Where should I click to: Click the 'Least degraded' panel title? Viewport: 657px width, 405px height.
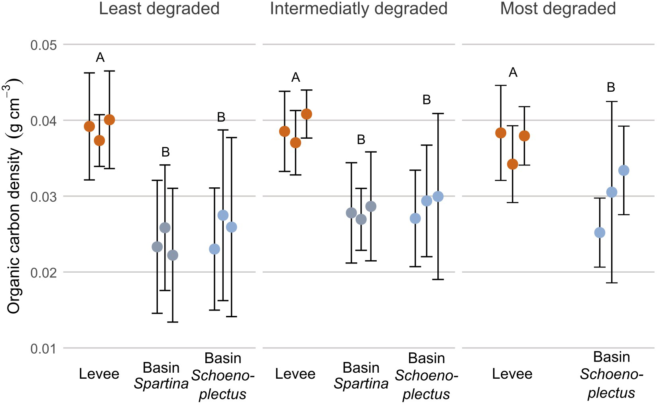[x=159, y=9]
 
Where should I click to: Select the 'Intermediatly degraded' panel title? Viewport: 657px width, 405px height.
[x=358, y=9]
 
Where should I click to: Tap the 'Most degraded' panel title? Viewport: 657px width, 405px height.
[x=558, y=9]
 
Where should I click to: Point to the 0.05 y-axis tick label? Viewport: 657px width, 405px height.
[x=44, y=45]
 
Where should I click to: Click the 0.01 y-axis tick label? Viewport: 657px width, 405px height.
[x=44, y=348]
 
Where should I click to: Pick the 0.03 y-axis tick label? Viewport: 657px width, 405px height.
[x=44, y=197]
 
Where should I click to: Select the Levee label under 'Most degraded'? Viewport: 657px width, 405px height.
[x=512, y=374]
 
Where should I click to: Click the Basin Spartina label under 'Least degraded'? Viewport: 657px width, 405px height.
[x=161, y=376]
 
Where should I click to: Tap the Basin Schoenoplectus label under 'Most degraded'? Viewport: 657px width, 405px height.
[x=612, y=375]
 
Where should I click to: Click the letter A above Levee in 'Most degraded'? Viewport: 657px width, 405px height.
[x=513, y=73]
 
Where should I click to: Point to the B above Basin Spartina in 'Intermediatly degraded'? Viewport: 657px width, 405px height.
[x=361, y=140]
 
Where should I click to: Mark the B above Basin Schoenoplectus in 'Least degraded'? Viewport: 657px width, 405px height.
[x=221, y=118]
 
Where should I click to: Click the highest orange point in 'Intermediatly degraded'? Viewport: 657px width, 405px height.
[x=307, y=114]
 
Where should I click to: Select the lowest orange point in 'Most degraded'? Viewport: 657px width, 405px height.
[x=513, y=164]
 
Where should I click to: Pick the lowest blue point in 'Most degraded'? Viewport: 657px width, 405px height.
[x=600, y=233]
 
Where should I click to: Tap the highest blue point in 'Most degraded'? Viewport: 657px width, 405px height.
[x=624, y=171]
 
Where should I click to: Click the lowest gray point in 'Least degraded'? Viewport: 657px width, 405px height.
[x=173, y=255]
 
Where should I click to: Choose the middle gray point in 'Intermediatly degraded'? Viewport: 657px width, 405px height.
[x=361, y=219]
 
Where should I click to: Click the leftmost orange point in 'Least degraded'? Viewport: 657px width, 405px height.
[x=89, y=126]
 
